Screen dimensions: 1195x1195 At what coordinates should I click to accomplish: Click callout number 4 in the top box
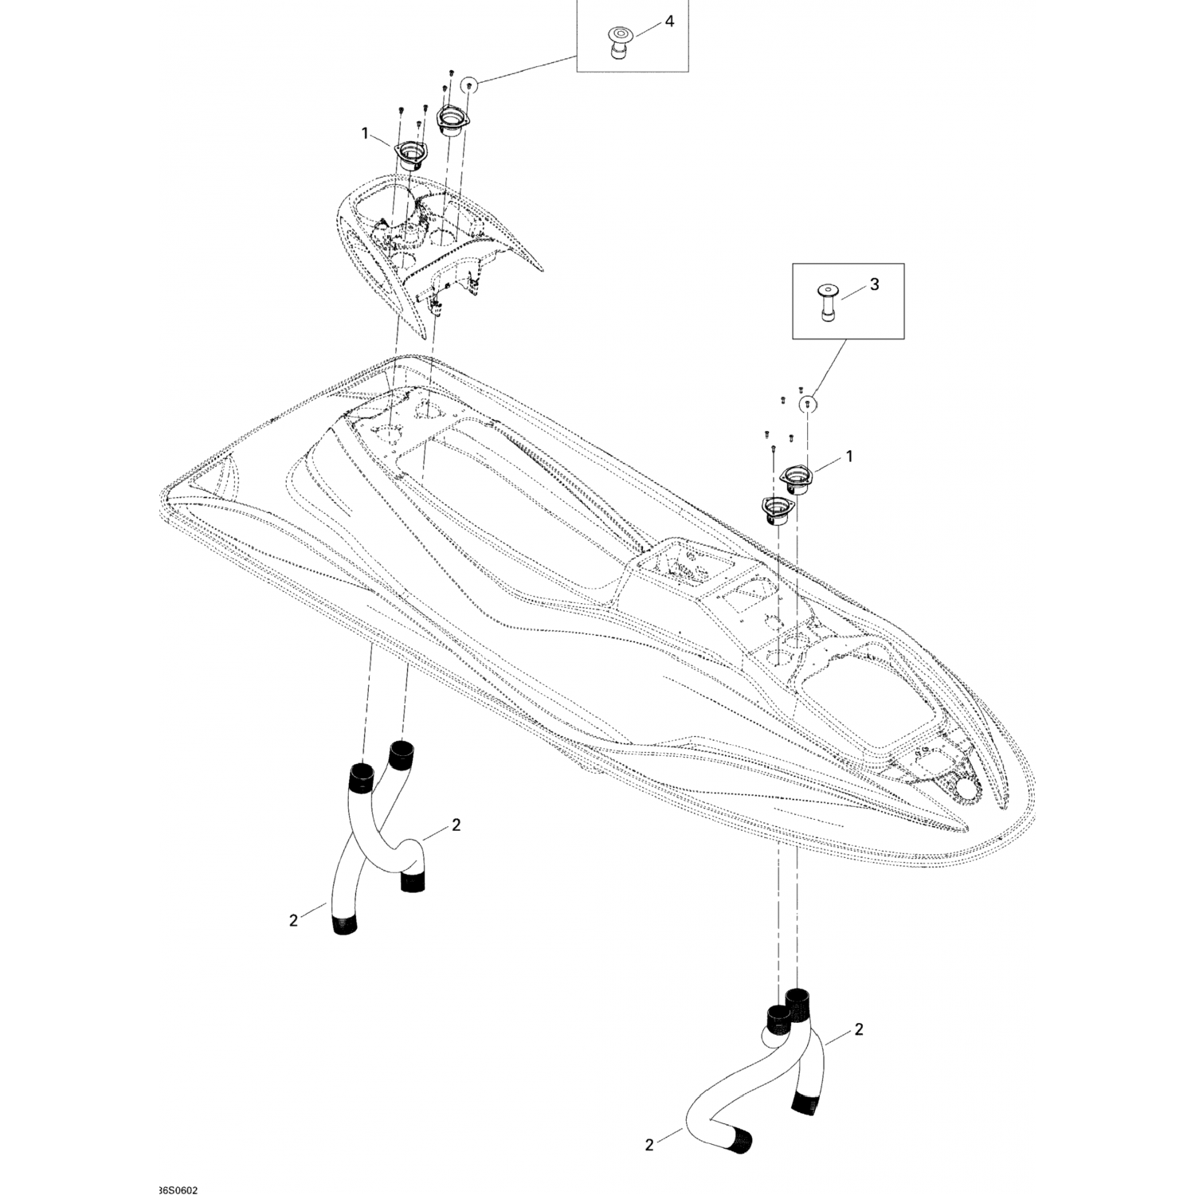coord(669,22)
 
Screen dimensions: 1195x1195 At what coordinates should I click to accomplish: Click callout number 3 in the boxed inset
coord(874,284)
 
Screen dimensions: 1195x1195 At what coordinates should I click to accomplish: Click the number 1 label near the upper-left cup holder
coord(366,133)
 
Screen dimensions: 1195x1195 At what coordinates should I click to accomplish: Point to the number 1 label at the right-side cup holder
coord(848,456)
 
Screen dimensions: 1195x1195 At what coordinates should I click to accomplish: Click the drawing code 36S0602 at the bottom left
coord(178,1169)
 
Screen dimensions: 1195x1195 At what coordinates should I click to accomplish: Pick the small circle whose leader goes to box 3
coord(808,404)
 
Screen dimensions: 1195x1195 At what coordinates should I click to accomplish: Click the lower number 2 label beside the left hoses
coord(294,920)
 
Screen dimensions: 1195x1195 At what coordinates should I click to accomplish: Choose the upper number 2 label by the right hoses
coord(858,1029)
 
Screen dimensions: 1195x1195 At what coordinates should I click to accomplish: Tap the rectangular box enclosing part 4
coord(632,36)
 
